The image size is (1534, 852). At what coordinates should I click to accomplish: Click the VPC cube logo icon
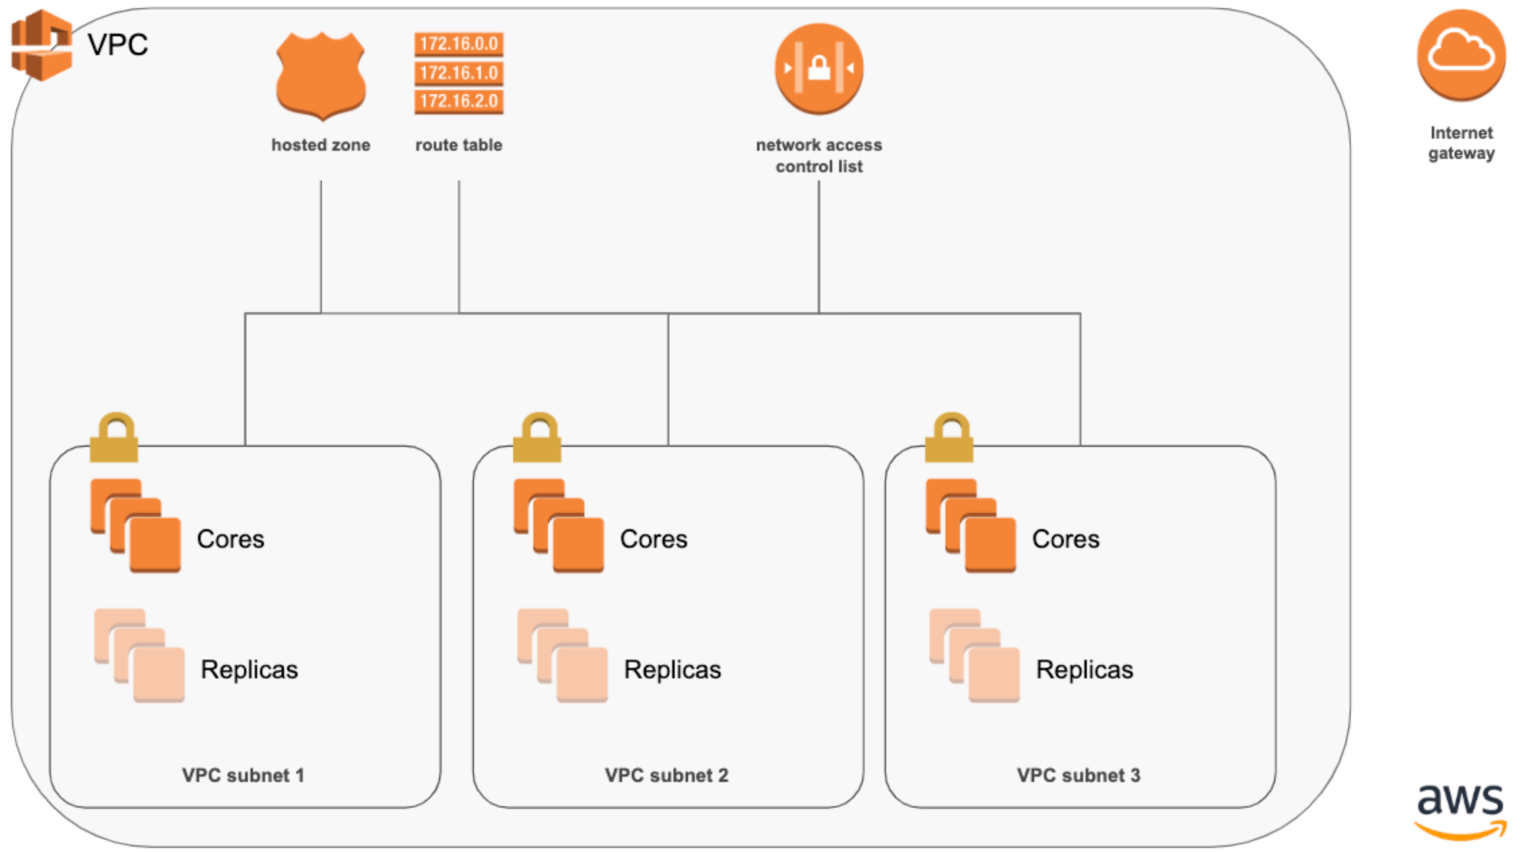coord(42,45)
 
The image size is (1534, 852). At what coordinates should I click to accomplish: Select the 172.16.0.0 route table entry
coord(459,44)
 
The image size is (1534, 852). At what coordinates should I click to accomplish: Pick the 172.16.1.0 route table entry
coord(459,73)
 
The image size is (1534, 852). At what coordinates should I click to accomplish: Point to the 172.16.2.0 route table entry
coord(459,101)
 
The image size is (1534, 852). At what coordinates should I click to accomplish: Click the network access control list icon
coord(819,68)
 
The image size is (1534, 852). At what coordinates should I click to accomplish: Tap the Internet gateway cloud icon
coord(1461,55)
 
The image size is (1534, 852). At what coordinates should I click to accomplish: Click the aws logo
coord(1460,811)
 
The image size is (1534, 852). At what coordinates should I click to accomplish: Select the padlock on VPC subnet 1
coord(114,438)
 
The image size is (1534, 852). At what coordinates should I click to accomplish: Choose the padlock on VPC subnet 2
coord(537,438)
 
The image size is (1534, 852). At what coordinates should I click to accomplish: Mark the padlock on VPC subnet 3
coord(949,438)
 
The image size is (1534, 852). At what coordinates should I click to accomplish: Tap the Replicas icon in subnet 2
coord(563,656)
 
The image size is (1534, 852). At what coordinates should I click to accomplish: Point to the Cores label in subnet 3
coord(1065,539)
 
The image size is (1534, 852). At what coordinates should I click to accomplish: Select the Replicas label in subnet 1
coord(249,670)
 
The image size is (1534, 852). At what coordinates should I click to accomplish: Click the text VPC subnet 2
coord(666,775)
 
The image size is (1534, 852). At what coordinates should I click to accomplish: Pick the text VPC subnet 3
coord(1078,775)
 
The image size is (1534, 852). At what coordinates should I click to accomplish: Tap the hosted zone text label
coord(321,145)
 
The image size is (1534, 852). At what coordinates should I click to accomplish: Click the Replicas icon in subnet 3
coord(974,656)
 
